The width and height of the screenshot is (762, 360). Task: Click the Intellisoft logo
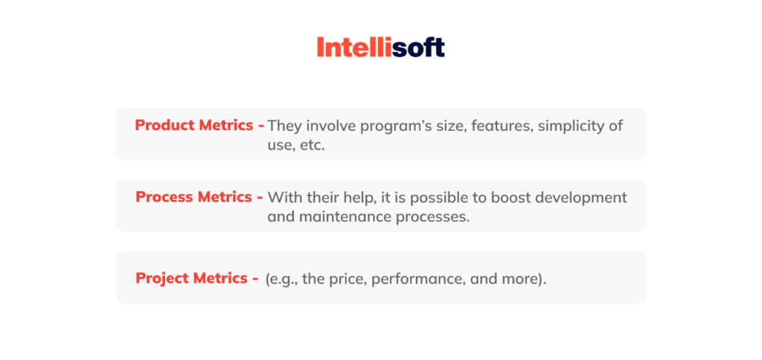[380, 48]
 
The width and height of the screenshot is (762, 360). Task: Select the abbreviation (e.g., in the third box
[284, 280]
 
